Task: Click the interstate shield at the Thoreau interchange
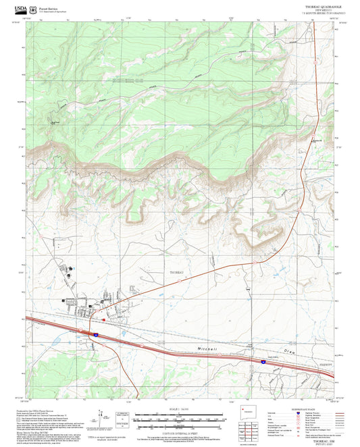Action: tap(96, 334)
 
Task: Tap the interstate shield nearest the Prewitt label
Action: tap(263, 362)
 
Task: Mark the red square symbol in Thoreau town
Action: tap(103, 319)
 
